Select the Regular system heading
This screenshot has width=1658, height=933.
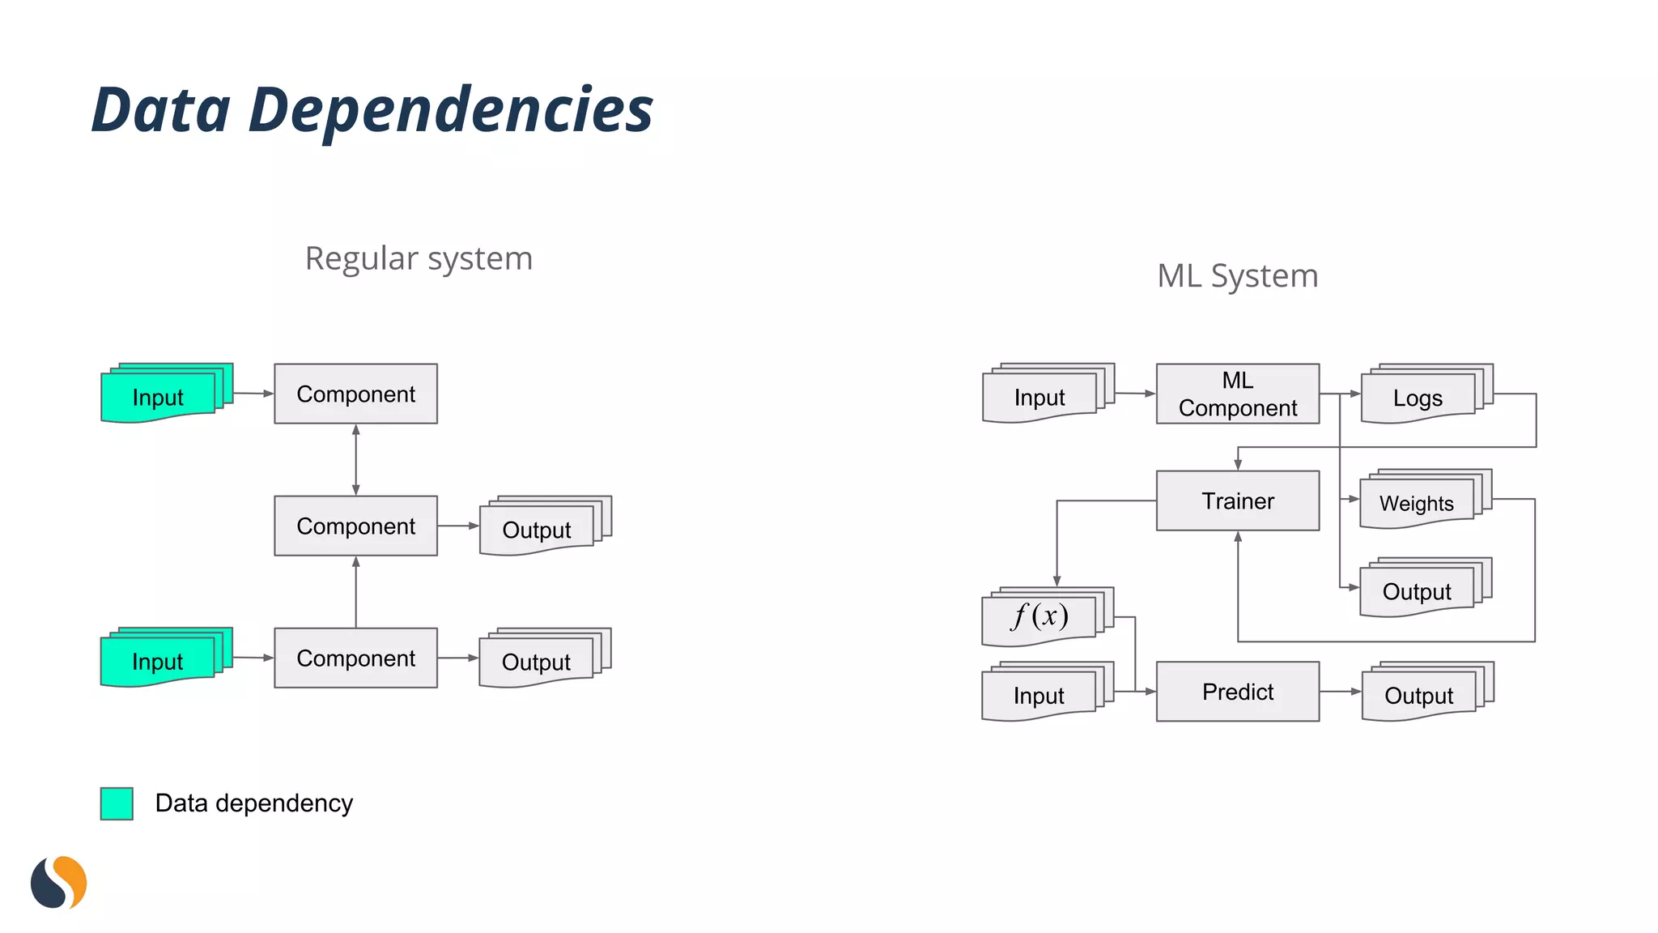click(x=419, y=259)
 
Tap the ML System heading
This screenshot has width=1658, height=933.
click(x=1237, y=276)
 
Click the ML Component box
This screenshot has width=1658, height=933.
click(x=1237, y=394)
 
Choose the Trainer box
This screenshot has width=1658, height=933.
click(x=1237, y=501)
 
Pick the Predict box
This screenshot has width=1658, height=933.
click(x=1237, y=692)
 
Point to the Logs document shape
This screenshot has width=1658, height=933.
click(x=1418, y=397)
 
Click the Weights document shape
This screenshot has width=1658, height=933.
click(x=1417, y=503)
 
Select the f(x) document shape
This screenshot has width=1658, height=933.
click(x=1040, y=617)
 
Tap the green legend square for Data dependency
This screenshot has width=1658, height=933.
click(x=117, y=803)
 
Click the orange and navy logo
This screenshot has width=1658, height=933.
click(x=58, y=882)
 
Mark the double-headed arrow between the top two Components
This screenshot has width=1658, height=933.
click(x=356, y=459)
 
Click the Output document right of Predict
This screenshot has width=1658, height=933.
click(x=1419, y=695)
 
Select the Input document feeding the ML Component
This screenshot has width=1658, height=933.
click(x=1040, y=397)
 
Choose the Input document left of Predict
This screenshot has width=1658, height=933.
click(x=1039, y=695)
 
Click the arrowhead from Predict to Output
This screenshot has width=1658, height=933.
click(x=1356, y=692)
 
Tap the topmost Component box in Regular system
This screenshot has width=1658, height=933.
click(x=356, y=394)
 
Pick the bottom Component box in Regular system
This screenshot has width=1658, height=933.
click(x=356, y=658)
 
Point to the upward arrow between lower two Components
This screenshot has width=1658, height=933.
click(x=356, y=591)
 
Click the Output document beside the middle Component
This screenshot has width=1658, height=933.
click(x=537, y=530)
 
